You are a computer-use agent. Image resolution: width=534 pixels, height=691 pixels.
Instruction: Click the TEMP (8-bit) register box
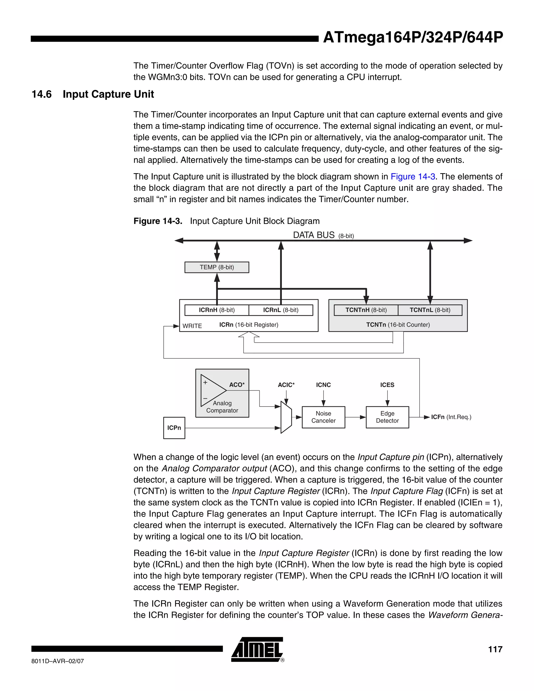[217, 267]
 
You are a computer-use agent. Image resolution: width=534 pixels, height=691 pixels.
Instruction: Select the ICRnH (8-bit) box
[217, 310]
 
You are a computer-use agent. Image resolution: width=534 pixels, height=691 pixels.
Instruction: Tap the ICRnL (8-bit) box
[281, 310]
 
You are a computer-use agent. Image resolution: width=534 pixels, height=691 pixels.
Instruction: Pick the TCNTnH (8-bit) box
[366, 310]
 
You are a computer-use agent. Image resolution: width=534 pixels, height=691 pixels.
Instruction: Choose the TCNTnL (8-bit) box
[430, 310]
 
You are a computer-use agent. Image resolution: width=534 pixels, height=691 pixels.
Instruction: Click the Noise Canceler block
[323, 417]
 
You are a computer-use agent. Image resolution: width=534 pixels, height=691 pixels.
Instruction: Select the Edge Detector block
[387, 417]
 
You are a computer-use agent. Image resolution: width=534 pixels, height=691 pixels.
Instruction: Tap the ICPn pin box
[174, 428]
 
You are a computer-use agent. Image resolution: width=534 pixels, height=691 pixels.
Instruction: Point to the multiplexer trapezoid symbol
[286, 417]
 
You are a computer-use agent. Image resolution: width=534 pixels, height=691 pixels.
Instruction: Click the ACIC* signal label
[286, 385]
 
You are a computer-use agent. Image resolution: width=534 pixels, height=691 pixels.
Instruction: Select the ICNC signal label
[323, 385]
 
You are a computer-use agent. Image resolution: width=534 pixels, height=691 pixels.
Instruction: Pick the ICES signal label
[387, 385]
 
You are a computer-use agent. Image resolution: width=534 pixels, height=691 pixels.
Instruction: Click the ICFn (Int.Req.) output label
[451, 417]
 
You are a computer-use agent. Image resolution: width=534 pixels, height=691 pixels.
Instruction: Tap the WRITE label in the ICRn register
[192, 326]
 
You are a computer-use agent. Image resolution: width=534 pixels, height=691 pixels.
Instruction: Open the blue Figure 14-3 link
[413, 177]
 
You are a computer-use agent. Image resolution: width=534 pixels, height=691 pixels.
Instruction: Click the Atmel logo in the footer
[257, 650]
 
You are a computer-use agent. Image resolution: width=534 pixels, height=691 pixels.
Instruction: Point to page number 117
[495, 649]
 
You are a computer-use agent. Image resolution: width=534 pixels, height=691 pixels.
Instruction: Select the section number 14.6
[41, 94]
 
